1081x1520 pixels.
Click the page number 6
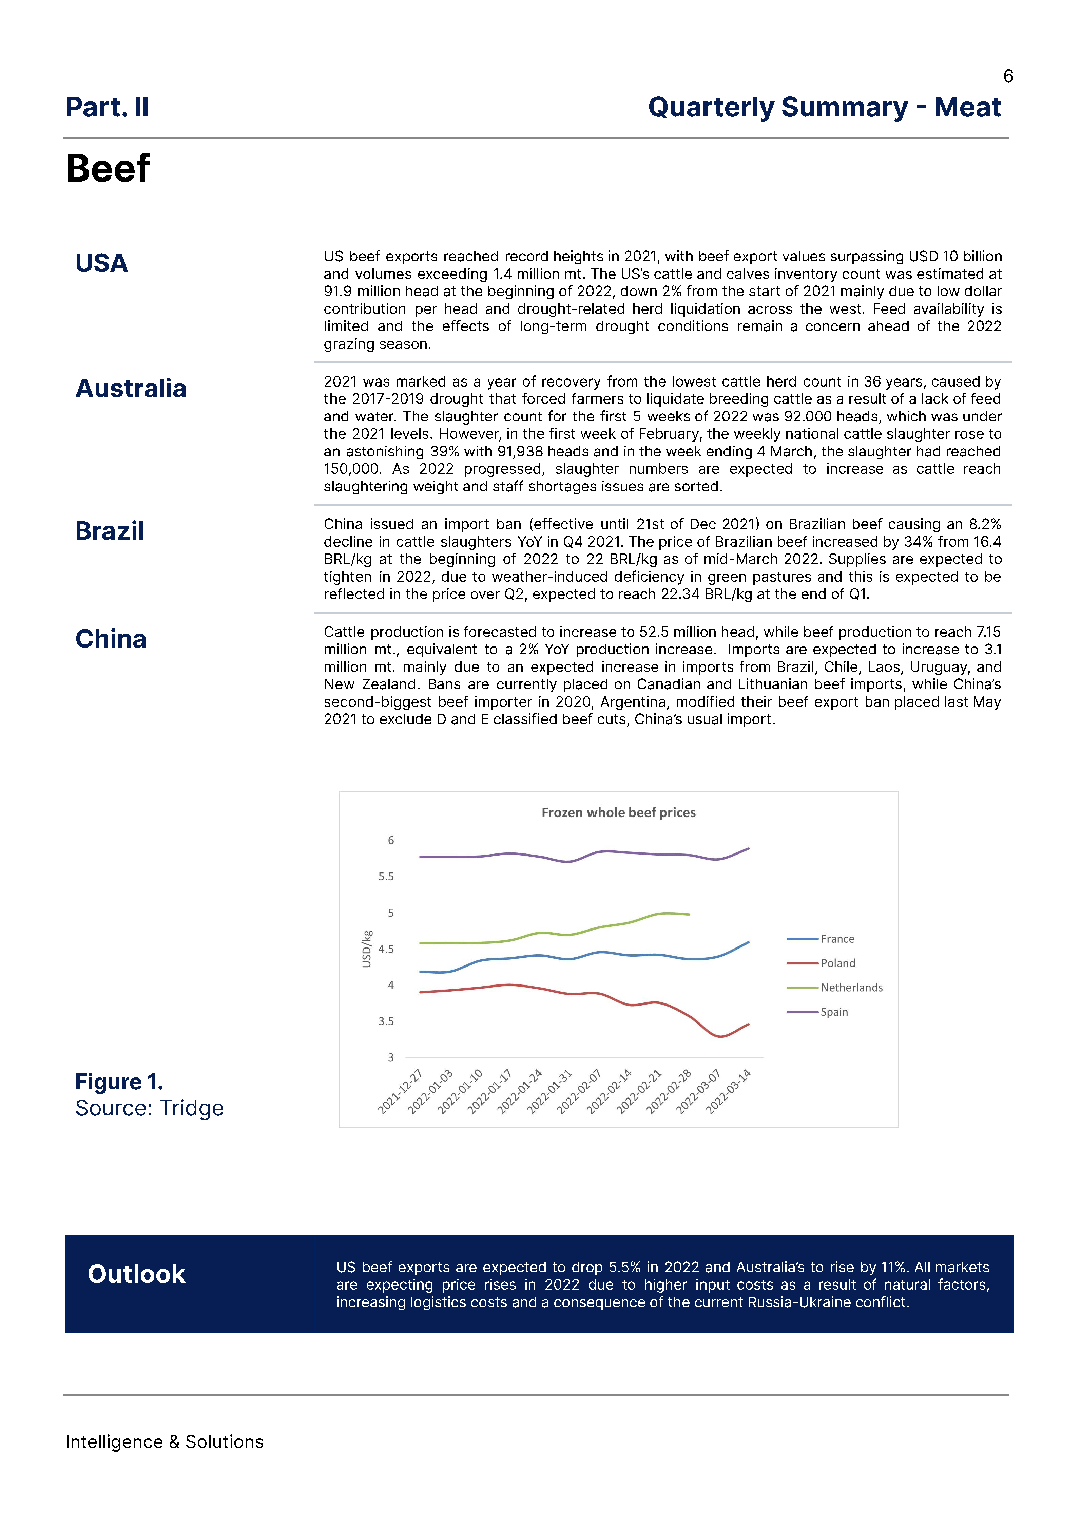tap(1008, 77)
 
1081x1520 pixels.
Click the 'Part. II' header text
tap(107, 107)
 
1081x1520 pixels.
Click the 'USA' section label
tap(101, 263)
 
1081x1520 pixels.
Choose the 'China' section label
tap(111, 638)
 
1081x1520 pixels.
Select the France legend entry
tap(837, 939)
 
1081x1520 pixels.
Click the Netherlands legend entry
tap(851, 987)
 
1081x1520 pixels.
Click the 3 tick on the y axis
tap(391, 1057)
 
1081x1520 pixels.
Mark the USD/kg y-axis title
tap(366, 949)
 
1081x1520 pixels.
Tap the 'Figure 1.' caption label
tap(118, 1082)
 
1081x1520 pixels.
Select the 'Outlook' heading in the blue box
tap(136, 1274)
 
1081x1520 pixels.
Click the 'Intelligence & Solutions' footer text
tap(165, 1441)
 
